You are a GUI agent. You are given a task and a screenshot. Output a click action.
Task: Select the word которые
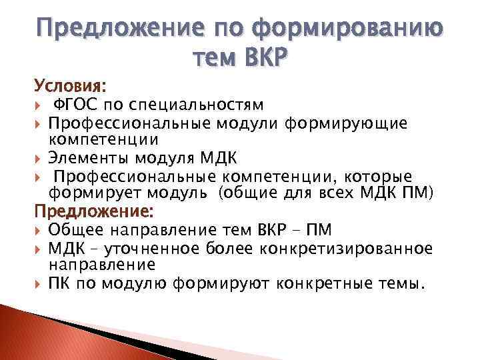[x=379, y=177]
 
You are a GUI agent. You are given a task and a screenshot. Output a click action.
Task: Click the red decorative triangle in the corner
[x=40, y=333]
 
